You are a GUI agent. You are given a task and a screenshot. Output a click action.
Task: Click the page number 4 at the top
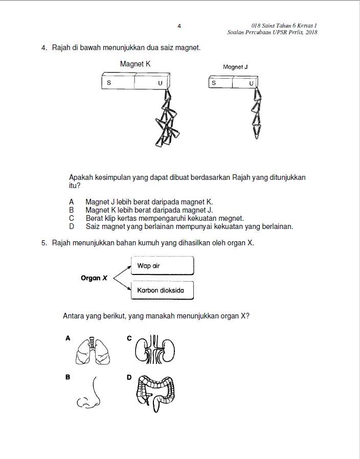click(179, 26)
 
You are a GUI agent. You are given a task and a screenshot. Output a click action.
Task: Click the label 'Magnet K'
click(135, 64)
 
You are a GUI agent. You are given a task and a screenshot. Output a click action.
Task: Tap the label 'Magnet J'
click(235, 67)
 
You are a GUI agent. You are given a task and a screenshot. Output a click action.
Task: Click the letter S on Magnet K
click(109, 83)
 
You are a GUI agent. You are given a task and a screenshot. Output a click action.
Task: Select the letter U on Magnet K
click(160, 83)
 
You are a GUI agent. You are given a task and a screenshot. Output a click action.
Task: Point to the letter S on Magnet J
click(214, 83)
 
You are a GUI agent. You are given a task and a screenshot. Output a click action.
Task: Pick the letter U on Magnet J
click(251, 83)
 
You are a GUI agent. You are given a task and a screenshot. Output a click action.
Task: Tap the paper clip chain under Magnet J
click(257, 114)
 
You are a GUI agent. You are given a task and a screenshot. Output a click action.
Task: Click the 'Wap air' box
click(162, 265)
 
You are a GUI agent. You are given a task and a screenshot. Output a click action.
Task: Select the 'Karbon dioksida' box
click(162, 290)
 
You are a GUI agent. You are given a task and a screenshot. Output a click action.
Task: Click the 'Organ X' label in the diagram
click(94, 278)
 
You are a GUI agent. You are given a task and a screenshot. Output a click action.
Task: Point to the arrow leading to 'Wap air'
click(122, 272)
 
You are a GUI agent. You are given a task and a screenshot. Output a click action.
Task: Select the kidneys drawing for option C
click(154, 350)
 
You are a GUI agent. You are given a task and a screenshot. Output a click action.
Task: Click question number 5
click(44, 243)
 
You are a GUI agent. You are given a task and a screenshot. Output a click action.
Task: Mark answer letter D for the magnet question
click(72, 226)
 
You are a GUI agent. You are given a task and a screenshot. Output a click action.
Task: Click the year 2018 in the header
click(311, 32)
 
